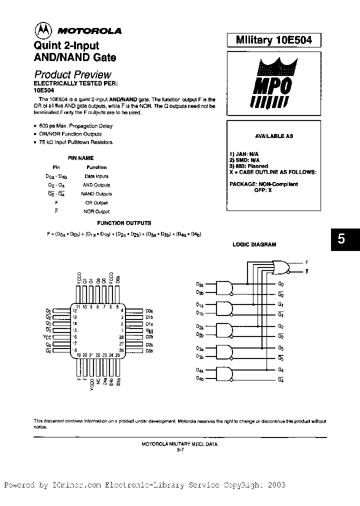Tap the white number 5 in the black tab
pyautogui.click(x=341, y=239)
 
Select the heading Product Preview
pyautogui.click(x=72, y=74)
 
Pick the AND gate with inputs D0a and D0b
pyautogui.click(x=224, y=287)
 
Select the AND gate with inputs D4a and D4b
pyautogui.click(x=224, y=373)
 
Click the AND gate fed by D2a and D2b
pyautogui.click(x=224, y=330)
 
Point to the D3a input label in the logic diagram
pyautogui.click(x=199, y=348)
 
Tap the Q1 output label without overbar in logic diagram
pyautogui.click(x=281, y=304)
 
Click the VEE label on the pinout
pyautogui.click(x=148, y=330)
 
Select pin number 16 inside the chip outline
pyautogui.click(x=74, y=337)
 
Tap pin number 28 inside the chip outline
pyautogui.click(x=121, y=337)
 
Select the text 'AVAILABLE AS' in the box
pyautogui.click(x=274, y=136)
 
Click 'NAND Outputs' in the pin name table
pyautogui.click(x=96, y=194)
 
